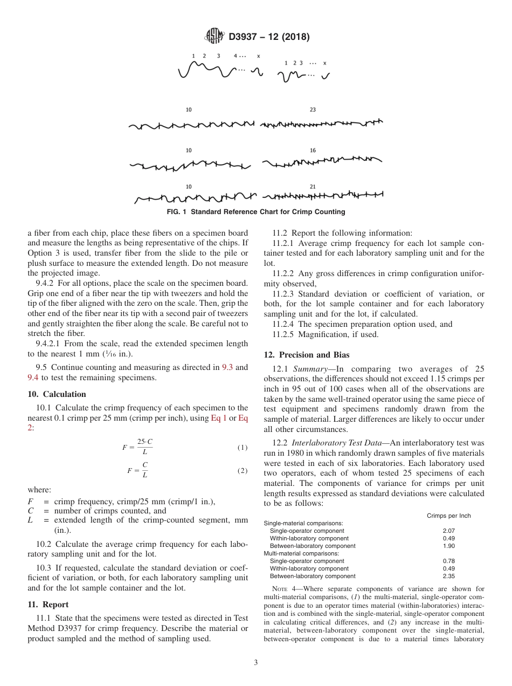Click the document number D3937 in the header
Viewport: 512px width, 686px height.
click(x=245, y=37)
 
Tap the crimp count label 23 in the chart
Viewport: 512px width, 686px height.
click(x=313, y=110)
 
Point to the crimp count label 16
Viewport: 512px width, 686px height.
click(x=313, y=150)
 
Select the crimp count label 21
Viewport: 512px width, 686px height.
click(x=313, y=187)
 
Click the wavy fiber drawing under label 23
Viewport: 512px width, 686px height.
click(x=321, y=125)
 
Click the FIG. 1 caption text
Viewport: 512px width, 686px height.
click(x=256, y=212)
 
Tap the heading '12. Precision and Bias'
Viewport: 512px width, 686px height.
click(x=306, y=355)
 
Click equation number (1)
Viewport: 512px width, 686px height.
click(x=243, y=448)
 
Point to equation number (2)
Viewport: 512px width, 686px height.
click(x=243, y=471)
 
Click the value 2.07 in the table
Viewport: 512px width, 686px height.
click(x=448, y=531)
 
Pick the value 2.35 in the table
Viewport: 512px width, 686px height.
click(x=448, y=576)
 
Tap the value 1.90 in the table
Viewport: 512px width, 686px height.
click(x=448, y=546)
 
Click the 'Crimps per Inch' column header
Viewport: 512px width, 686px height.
click(x=448, y=516)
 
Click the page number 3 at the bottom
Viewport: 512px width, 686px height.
click(x=255, y=663)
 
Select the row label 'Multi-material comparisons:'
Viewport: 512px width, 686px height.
click(x=301, y=553)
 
